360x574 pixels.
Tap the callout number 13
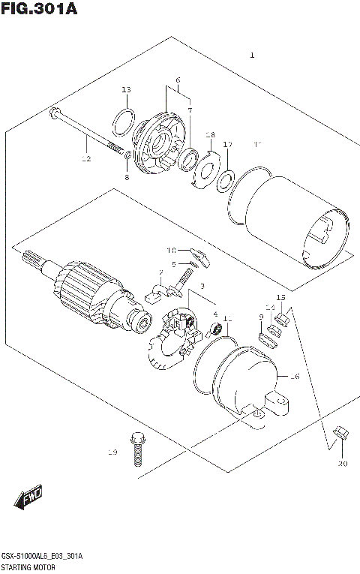126,90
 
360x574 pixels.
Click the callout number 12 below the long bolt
86,159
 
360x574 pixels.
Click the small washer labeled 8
128,156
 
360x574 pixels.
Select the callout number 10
171,250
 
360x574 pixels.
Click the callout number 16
295,376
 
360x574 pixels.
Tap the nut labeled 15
283,320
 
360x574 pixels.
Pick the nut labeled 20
339,432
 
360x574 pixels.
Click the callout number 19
112,452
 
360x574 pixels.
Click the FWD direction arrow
27,497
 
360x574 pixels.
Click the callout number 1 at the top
253,55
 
